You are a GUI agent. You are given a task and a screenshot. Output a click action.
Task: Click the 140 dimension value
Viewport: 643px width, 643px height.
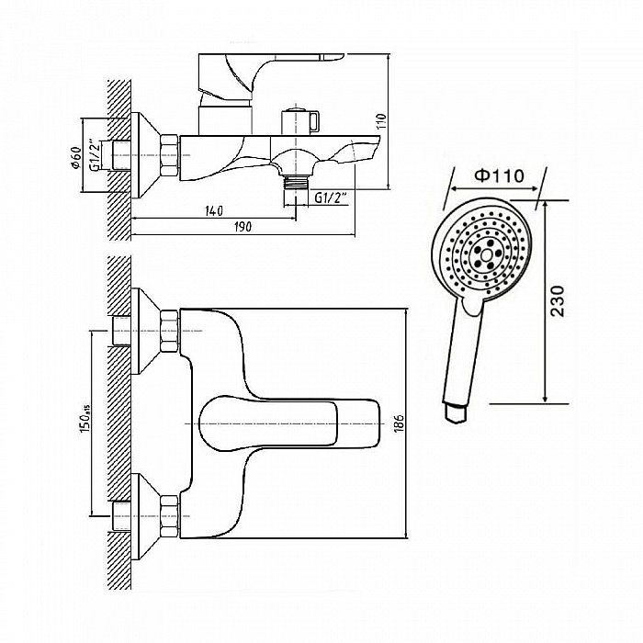(213, 211)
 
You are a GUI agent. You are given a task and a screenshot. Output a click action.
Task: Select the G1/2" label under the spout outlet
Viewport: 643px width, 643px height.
(330, 197)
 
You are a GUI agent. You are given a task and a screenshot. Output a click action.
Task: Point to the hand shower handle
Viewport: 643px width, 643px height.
(462, 354)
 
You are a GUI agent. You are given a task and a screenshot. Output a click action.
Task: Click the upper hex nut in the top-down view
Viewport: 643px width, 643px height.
(169, 330)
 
